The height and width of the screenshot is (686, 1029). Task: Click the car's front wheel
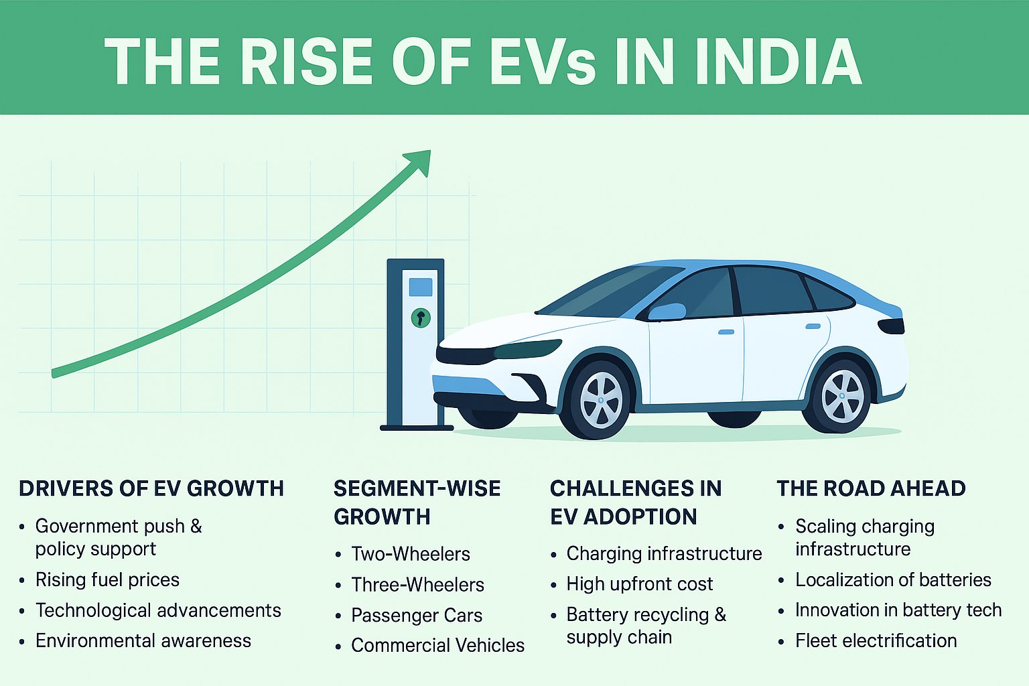(600, 399)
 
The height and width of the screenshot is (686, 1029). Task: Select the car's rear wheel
(841, 395)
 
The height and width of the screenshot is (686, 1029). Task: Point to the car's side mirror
(667, 312)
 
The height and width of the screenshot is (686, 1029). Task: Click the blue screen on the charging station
(420, 287)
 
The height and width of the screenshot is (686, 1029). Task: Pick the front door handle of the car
(726, 332)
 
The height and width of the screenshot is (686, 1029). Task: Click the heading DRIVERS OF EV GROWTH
(151, 488)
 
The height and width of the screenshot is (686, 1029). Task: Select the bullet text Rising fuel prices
(107, 579)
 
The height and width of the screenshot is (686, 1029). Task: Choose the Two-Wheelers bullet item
(410, 554)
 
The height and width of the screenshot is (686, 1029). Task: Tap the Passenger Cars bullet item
(416, 615)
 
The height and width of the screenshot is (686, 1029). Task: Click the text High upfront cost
(639, 584)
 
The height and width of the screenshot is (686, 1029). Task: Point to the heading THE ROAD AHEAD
(871, 488)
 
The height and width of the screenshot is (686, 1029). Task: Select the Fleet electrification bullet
(876, 640)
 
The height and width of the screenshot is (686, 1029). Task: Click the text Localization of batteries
(893, 579)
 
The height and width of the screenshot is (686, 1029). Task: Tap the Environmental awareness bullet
(143, 640)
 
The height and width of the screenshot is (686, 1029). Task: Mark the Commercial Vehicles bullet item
(437, 645)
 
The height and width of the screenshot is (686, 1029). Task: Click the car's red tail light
(891, 326)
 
